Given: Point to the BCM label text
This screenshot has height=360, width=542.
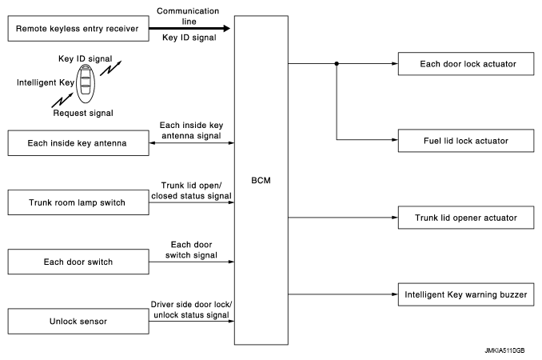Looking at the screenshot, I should pos(260,180).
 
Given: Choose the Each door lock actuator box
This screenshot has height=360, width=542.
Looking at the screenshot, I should pos(465,62).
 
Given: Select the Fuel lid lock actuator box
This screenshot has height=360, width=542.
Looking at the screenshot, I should pos(465,141).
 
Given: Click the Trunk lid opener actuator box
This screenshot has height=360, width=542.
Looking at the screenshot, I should pos(465,217).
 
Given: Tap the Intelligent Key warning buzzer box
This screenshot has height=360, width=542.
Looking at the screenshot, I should pos(465,294).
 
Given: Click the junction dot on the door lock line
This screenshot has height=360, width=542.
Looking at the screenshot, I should pos(337,63).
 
